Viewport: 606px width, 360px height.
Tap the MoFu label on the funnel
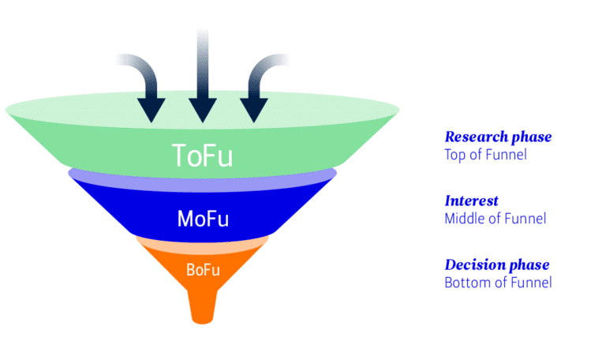(x=203, y=219)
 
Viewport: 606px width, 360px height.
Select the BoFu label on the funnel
(x=203, y=270)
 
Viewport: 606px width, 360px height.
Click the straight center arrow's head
(x=203, y=110)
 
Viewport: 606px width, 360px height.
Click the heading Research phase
(x=498, y=137)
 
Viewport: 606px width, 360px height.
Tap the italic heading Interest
(x=471, y=201)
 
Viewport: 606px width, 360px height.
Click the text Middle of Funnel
(x=496, y=219)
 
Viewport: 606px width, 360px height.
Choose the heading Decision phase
(x=496, y=265)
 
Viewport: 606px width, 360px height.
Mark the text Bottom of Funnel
(x=498, y=283)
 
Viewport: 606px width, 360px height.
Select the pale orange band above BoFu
(x=203, y=244)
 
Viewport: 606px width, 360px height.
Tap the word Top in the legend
(x=455, y=155)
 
